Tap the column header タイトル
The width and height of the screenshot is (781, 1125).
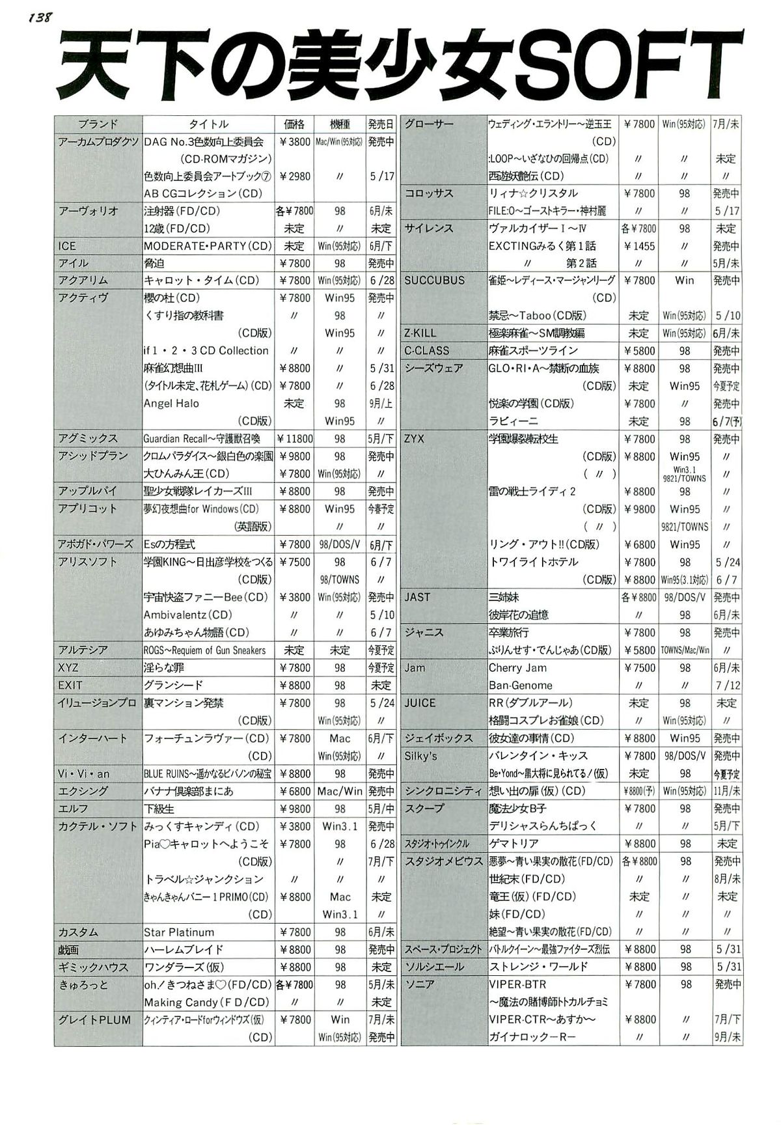(208, 124)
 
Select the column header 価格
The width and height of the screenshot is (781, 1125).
(294, 124)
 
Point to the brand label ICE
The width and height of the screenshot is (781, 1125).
(67, 246)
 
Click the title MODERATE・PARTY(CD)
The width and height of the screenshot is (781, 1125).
(208, 246)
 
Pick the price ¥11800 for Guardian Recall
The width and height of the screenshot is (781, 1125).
(295, 439)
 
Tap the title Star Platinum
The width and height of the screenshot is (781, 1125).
(179, 932)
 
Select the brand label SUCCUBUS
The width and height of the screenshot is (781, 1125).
(435, 281)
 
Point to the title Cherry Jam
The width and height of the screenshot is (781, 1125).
(517, 668)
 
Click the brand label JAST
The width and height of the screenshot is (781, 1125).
(417, 597)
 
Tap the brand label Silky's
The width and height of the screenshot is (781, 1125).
(420, 756)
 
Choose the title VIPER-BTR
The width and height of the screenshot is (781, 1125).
(517, 984)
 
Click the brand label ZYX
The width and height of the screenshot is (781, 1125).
(414, 439)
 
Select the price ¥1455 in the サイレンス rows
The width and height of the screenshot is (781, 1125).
(639, 246)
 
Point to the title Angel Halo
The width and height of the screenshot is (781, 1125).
(172, 404)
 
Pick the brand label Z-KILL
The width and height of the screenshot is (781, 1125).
(420, 333)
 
